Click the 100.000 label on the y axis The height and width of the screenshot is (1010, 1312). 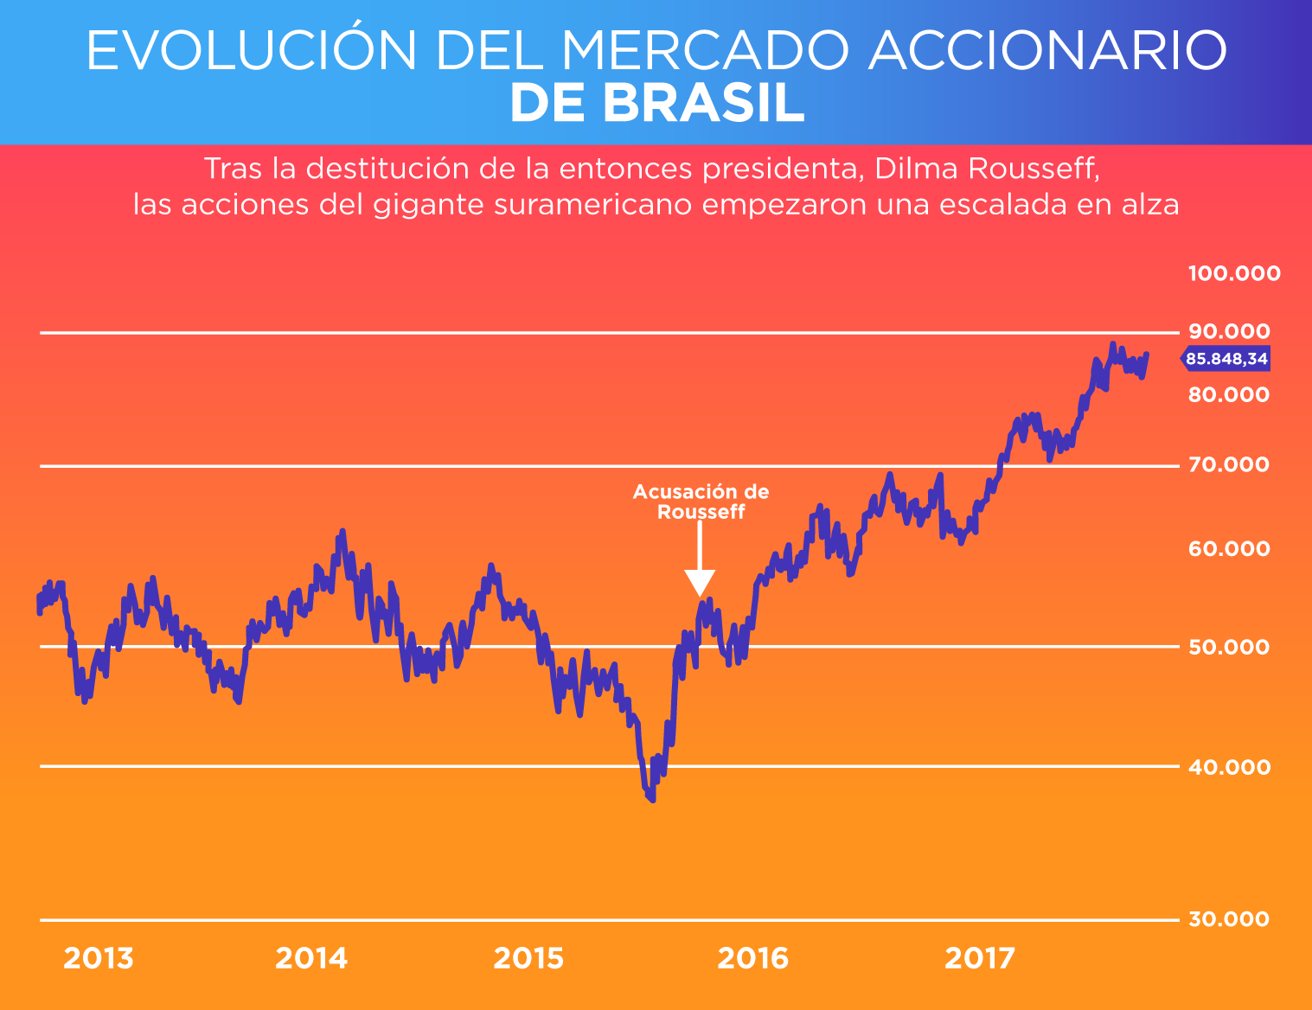[x=1234, y=274]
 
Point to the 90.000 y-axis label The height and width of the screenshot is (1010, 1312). [x=1229, y=331]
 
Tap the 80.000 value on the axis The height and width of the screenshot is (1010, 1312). [x=1229, y=395]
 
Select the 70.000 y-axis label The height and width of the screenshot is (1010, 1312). [x=1229, y=465]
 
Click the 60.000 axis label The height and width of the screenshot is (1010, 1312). [x=1229, y=549]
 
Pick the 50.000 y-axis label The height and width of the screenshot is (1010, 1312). [x=1229, y=647]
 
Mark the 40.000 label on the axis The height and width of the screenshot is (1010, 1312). [x=1229, y=767]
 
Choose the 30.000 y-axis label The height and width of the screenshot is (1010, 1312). [x=1229, y=919]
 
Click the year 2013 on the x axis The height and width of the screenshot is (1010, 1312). [x=99, y=958]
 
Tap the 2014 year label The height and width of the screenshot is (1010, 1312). [x=311, y=958]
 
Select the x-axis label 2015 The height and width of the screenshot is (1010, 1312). [x=528, y=958]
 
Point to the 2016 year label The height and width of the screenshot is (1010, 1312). [x=753, y=958]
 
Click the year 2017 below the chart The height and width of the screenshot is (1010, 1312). [x=980, y=958]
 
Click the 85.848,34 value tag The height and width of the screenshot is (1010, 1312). [x=1226, y=359]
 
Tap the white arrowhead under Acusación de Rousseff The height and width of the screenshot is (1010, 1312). [x=700, y=583]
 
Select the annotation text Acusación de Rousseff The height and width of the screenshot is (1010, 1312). [x=701, y=502]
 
